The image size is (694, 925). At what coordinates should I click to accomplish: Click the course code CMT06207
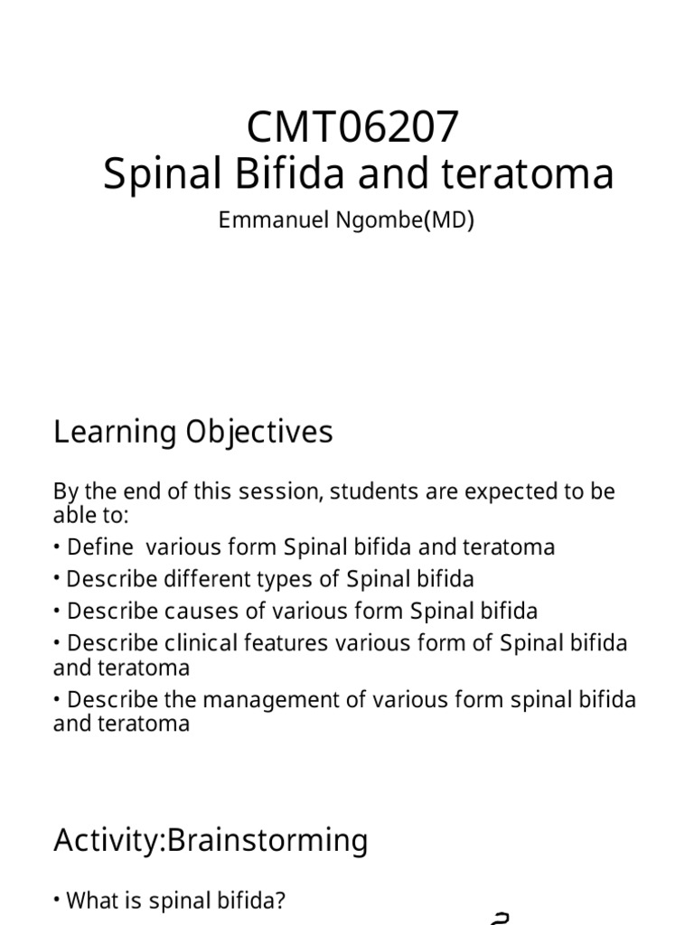coord(353,128)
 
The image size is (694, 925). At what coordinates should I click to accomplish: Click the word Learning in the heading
coord(113,433)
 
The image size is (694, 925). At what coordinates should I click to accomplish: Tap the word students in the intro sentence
coord(370,492)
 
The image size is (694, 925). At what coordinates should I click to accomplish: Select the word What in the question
coord(89,901)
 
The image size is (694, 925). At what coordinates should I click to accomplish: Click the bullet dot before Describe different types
coord(58,579)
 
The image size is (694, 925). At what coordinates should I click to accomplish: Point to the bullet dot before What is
coord(58,901)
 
